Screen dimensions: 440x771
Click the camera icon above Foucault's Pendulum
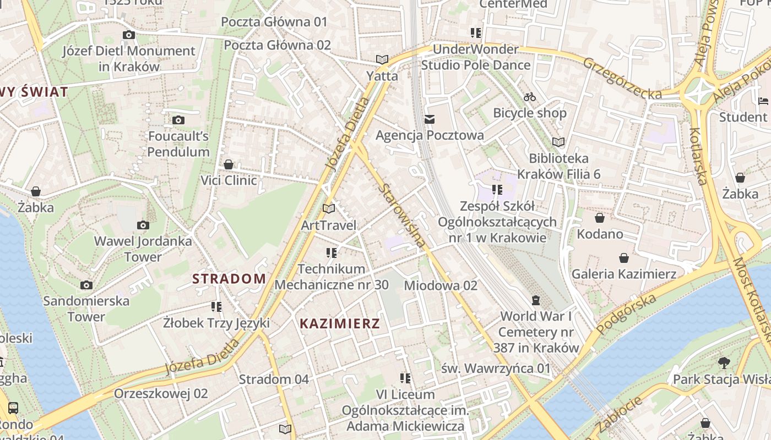click(178, 120)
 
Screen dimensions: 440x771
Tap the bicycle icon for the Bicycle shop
click(530, 97)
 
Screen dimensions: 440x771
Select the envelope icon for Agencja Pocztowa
click(430, 119)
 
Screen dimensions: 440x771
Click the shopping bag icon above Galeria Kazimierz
click(624, 257)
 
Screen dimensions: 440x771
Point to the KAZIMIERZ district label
click(340, 323)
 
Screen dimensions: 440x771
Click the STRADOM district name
click(229, 279)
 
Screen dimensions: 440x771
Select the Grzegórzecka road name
click(622, 78)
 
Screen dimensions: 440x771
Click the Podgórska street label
click(627, 313)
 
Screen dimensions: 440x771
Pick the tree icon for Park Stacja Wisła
click(724, 362)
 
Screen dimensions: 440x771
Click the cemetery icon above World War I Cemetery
click(535, 300)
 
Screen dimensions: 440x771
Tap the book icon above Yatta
click(382, 59)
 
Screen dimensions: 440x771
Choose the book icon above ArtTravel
click(329, 208)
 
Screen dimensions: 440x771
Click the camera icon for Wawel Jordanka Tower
click(143, 225)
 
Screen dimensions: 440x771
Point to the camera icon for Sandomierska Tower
click(86, 285)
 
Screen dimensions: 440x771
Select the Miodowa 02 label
click(441, 285)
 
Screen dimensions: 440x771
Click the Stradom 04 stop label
click(274, 379)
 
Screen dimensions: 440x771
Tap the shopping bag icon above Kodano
click(600, 218)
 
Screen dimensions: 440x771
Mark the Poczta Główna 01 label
click(274, 22)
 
